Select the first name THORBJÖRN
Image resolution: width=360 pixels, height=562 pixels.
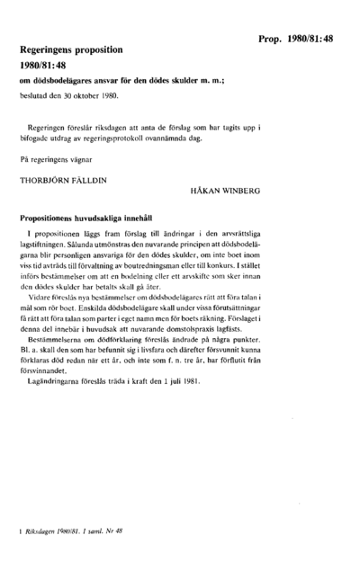click(43, 179)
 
